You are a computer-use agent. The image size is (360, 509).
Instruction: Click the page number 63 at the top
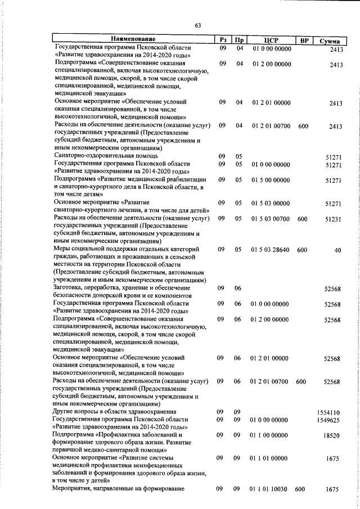[197, 25]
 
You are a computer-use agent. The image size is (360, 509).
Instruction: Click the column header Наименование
[133, 39]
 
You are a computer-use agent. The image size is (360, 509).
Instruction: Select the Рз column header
[223, 40]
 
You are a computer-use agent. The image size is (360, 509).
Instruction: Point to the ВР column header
[304, 40]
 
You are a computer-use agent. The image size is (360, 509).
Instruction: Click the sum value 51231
[333, 219]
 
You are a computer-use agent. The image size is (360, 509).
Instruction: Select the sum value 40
[337, 250]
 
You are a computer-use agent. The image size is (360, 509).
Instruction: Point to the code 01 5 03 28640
[272, 249]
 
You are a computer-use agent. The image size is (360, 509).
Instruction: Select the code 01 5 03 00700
[271, 219]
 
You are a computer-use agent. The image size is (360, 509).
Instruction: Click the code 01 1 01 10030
[271, 489]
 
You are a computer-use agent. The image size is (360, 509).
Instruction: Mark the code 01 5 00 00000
[271, 180]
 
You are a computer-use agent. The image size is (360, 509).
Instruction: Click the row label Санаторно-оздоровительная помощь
[106, 155]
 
